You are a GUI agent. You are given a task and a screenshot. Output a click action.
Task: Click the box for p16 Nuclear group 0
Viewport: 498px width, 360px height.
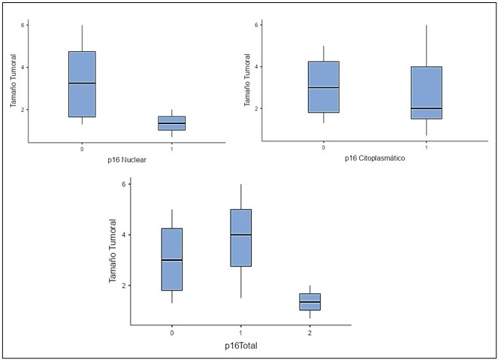pyautogui.click(x=82, y=84)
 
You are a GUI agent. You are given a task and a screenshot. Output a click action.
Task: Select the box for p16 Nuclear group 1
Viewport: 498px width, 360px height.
pyautogui.click(x=172, y=123)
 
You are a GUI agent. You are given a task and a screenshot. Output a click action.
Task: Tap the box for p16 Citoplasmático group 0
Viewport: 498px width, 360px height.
pyautogui.click(x=323, y=86)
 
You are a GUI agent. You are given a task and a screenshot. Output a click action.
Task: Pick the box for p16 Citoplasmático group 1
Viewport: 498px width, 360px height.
pyautogui.click(x=426, y=92)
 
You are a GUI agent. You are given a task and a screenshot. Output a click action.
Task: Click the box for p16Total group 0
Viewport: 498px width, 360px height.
pyautogui.click(x=172, y=259)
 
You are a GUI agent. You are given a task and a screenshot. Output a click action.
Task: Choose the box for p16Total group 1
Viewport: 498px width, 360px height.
pyautogui.click(x=240, y=237)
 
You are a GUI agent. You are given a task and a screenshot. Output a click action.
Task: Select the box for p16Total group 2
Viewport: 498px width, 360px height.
pyautogui.click(x=309, y=301)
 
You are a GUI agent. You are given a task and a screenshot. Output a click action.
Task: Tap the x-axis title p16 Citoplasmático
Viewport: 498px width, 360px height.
pyautogui.click(x=374, y=159)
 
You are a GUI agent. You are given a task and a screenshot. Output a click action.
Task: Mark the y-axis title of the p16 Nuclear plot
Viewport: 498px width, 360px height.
pyautogui.click(x=14, y=82)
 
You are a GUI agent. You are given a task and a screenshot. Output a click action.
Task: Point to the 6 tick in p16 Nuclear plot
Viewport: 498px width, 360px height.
pyautogui.click(x=23, y=25)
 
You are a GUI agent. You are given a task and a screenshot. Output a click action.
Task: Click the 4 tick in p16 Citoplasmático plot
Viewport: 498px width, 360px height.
pyautogui.click(x=257, y=67)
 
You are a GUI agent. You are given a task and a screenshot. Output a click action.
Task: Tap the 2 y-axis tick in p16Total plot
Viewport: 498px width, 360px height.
pyautogui.click(x=124, y=286)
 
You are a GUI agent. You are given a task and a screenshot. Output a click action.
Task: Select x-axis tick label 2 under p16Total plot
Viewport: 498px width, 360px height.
pyautogui.click(x=309, y=332)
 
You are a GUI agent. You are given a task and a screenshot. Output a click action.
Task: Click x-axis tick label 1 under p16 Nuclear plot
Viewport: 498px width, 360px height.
pyautogui.click(x=172, y=149)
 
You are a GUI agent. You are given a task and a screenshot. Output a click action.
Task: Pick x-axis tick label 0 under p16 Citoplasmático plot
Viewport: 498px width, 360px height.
pyautogui.click(x=323, y=148)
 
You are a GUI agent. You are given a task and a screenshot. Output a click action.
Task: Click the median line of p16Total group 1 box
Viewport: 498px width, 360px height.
pyautogui.click(x=240, y=234)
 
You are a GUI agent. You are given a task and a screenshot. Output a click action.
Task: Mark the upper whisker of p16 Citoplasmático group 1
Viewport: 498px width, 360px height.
pyautogui.click(x=426, y=46)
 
